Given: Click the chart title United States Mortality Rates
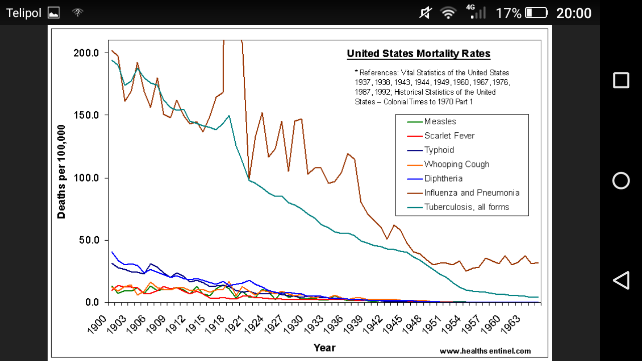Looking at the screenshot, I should pyautogui.click(x=418, y=54).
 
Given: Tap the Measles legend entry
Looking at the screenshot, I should pyautogui.click(x=440, y=121).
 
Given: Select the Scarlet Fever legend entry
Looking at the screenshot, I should pyautogui.click(x=449, y=135).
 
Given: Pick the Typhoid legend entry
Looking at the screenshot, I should pyautogui.click(x=439, y=150).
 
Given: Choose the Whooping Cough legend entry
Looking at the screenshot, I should pyautogui.click(x=456, y=164).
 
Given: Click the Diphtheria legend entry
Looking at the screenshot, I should pyautogui.click(x=443, y=178).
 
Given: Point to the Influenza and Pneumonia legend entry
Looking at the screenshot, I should pyautogui.click(x=471, y=193).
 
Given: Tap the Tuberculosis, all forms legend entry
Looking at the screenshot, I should pyautogui.click(x=466, y=207).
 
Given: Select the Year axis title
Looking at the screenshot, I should pyautogui.click(x=324, y=347).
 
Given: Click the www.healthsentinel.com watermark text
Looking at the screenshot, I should pyautogui.click(x=485, y=351).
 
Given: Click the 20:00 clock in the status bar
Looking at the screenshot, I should pyautogui.click(x=574, y=13).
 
